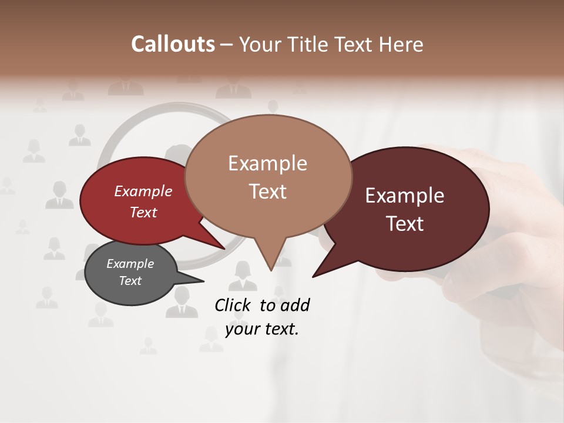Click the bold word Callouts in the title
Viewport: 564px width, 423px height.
173,44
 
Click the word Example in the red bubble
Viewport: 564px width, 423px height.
143,191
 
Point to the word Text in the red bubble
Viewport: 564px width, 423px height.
143,212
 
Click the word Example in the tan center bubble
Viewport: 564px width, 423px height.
267,163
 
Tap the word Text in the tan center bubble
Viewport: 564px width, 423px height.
267,192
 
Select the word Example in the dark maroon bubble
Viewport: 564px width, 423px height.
405,196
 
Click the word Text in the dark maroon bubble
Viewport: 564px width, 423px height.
405,224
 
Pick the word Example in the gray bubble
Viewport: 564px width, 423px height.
130,264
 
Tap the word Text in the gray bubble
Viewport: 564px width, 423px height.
130,281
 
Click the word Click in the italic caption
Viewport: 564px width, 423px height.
233,305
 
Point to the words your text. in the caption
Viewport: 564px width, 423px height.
262,329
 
